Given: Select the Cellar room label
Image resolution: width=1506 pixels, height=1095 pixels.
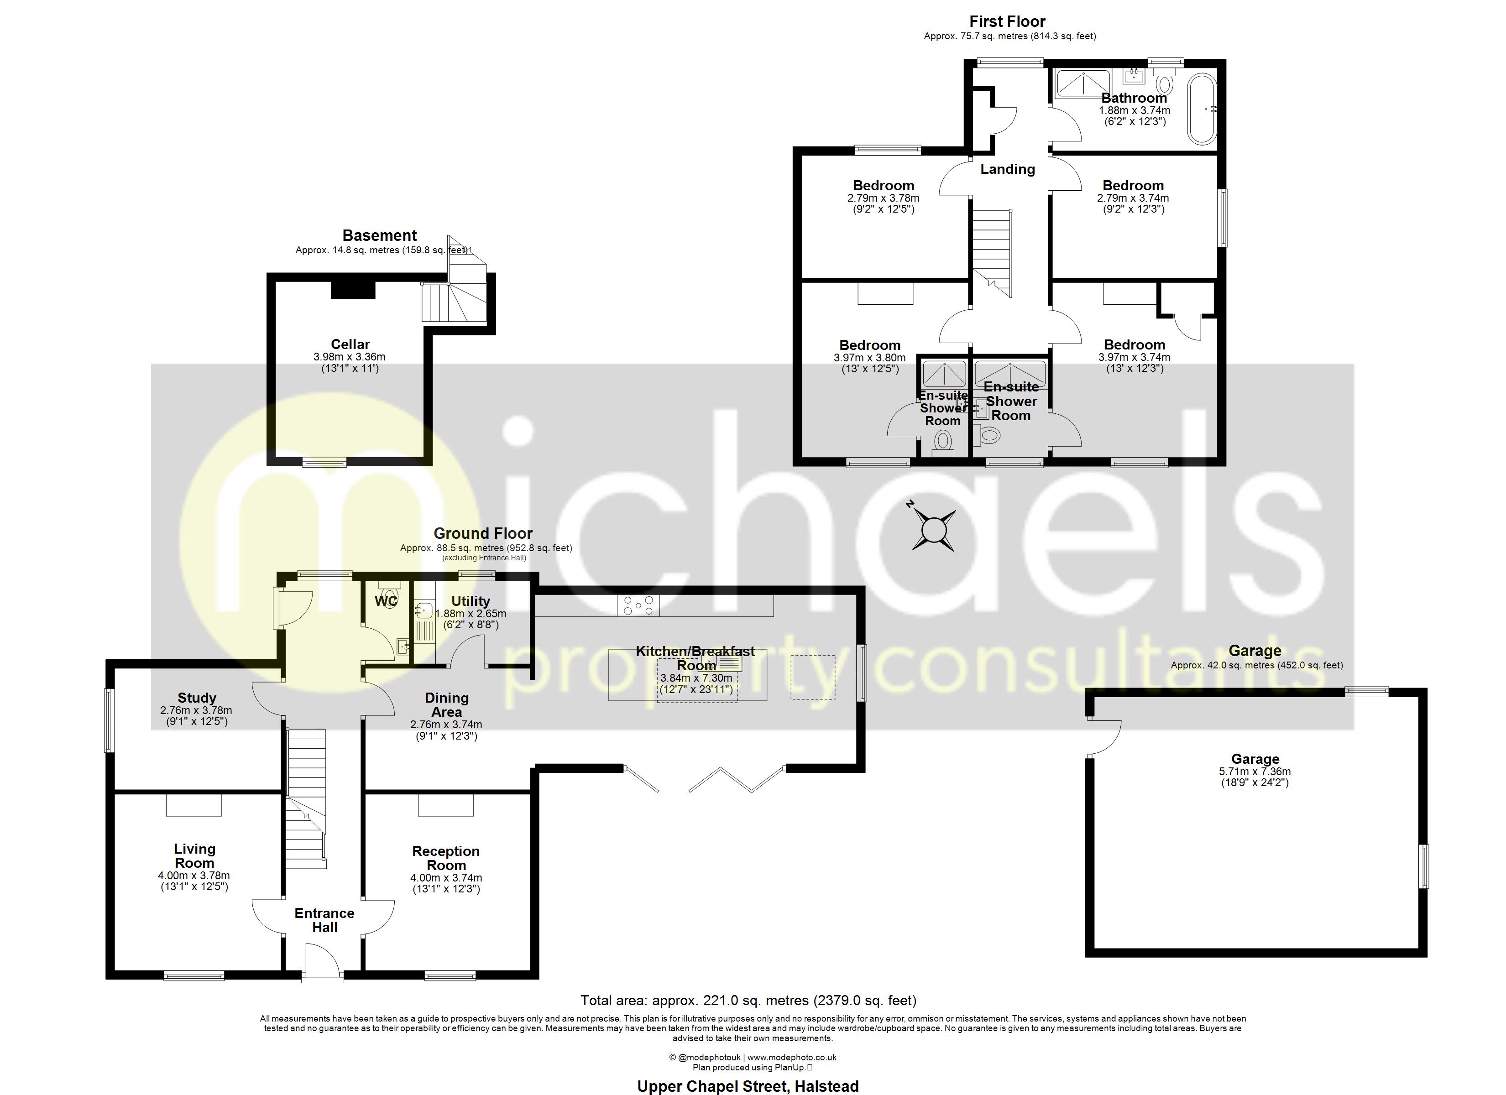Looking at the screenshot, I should [x=350, y=344].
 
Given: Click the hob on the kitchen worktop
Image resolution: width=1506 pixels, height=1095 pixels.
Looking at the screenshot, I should [x=638, y=605].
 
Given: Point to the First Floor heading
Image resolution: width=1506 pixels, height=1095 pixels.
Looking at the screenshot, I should [x=1007, y=21].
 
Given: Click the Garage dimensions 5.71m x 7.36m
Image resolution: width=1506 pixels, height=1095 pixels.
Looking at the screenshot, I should [x=1255, y=772].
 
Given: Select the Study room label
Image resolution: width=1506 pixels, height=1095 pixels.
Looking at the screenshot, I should [x=197, y=698].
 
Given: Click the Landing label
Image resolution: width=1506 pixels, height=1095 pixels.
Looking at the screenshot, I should [x=1007, y=169].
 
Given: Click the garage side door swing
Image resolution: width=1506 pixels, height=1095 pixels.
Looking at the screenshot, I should [x=1103, y=738].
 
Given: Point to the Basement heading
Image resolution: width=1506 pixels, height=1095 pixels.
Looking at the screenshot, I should [x=379, y=236].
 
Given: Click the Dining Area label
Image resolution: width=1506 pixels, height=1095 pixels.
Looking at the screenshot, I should [x=446, y=704].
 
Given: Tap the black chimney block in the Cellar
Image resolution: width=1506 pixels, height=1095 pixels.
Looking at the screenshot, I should [x=353, y=290].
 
